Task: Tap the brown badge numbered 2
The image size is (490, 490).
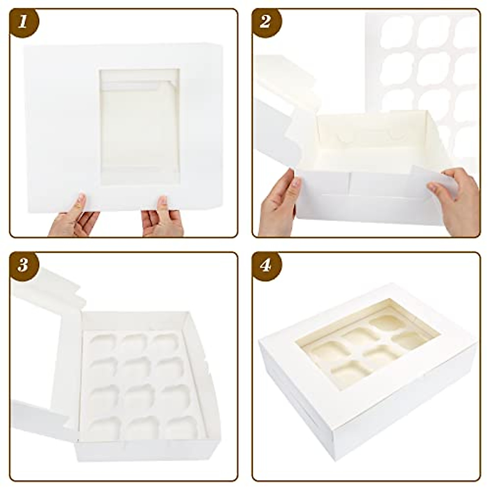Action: tap(266, 21)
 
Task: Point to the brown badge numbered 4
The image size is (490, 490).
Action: tap(266, 265)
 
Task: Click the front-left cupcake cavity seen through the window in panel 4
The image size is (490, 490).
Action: tap(343, 374)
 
